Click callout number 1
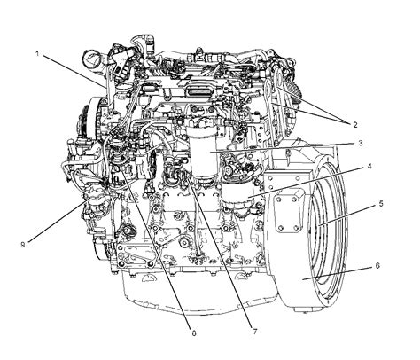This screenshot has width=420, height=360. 37,53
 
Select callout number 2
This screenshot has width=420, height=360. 354,125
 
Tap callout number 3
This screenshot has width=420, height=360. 361,143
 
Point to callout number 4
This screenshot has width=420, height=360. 369,167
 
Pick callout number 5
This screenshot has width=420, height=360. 381,204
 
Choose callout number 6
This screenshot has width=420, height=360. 377,265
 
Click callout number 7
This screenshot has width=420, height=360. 255,332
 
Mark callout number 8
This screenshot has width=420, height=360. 194,333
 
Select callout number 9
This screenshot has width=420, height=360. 23,245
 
